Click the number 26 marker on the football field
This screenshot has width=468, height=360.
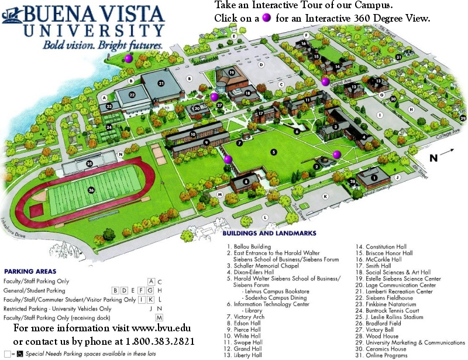tap(91, 190)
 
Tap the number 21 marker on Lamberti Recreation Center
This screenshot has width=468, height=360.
tap(160, 84)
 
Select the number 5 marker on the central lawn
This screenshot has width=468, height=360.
tap(273, 152)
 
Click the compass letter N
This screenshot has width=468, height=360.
tap(433, 157)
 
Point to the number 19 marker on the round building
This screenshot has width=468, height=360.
tap(232, 73)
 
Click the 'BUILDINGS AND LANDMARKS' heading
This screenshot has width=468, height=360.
tap(270, 233)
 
